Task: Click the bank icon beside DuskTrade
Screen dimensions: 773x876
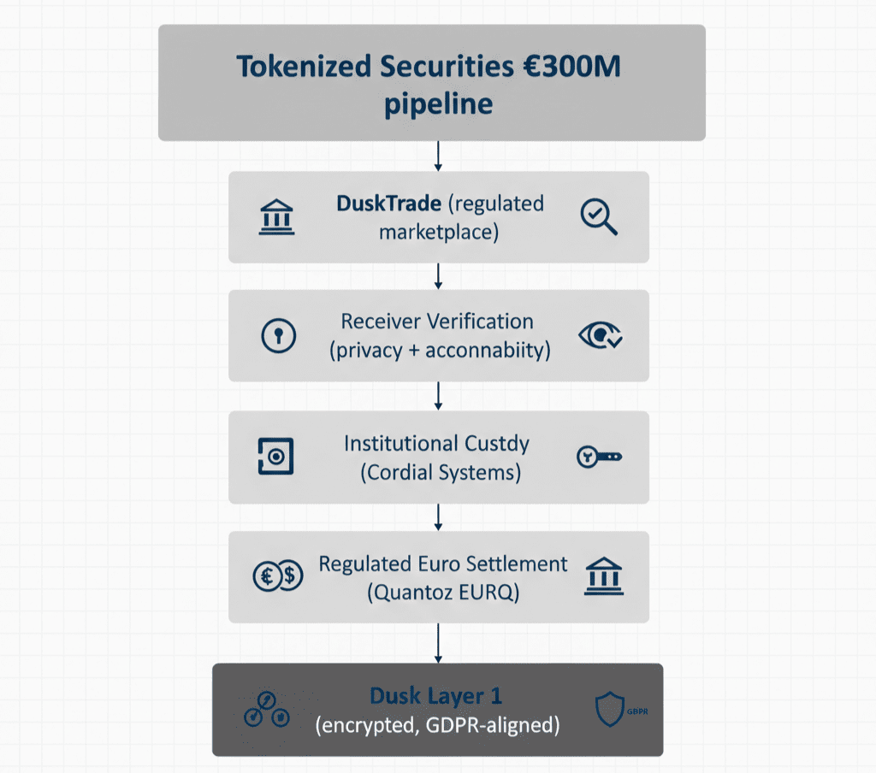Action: pyautogui.click(x=275, y=217)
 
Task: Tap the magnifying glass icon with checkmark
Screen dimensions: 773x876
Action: pyautogui.click(x=598, y=217)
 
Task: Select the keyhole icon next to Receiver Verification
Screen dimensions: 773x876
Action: pyautogui.click(x=277, y=336)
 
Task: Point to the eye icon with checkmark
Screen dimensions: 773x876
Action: pyautogui.click(x=601, y=335)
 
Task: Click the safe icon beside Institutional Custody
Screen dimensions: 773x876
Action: pyautogui.click(x=275, y=457)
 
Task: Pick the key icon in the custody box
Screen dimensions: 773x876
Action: pyautogui.click(x=599, y=457)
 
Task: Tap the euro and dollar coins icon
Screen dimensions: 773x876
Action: pyautogui.click(x=278, y=577)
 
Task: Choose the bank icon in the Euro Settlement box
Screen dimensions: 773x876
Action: pyautogui.click(x=603, y=576)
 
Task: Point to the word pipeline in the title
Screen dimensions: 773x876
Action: pyautogui.click(x=437, y=103)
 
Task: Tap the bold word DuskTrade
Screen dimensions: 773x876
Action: pyautogui.click(x=388, y=204)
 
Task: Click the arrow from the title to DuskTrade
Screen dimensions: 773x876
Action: pyautogui.click(x=438, y=156)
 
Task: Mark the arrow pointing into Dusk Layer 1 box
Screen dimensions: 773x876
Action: pyautogui.click(x=438, y=643)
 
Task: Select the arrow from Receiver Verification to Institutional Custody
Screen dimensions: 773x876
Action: pyautogui.click(x=438, y=396)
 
